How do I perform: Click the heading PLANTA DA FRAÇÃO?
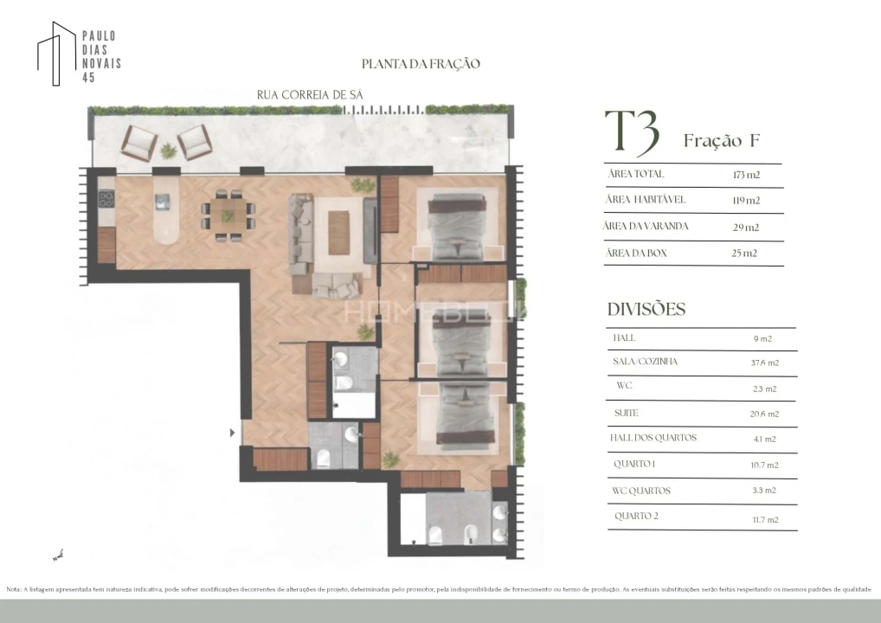pos(421,64)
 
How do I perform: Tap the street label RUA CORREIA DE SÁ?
pos(309,95)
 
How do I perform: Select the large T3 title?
pos(632,133)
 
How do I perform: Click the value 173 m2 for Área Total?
pos(746,175)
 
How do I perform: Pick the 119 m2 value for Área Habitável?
pos(746,201)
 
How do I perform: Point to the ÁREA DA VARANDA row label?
pos(648,227)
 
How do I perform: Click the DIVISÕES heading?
pos(646,310)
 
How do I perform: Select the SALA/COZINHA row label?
pos(645,362)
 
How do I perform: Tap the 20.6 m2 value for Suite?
pos(765,414)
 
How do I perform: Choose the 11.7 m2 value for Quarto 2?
pos(765,520)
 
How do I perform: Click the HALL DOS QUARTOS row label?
pos(653,438)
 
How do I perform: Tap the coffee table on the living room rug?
pos(338,233)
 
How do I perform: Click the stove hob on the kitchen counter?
pos(106,198)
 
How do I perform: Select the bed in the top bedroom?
pos(457,225)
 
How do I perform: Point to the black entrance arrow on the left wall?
pos(231,432)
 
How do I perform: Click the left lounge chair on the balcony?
pos(138,142)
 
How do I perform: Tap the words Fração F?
pos(721,141)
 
